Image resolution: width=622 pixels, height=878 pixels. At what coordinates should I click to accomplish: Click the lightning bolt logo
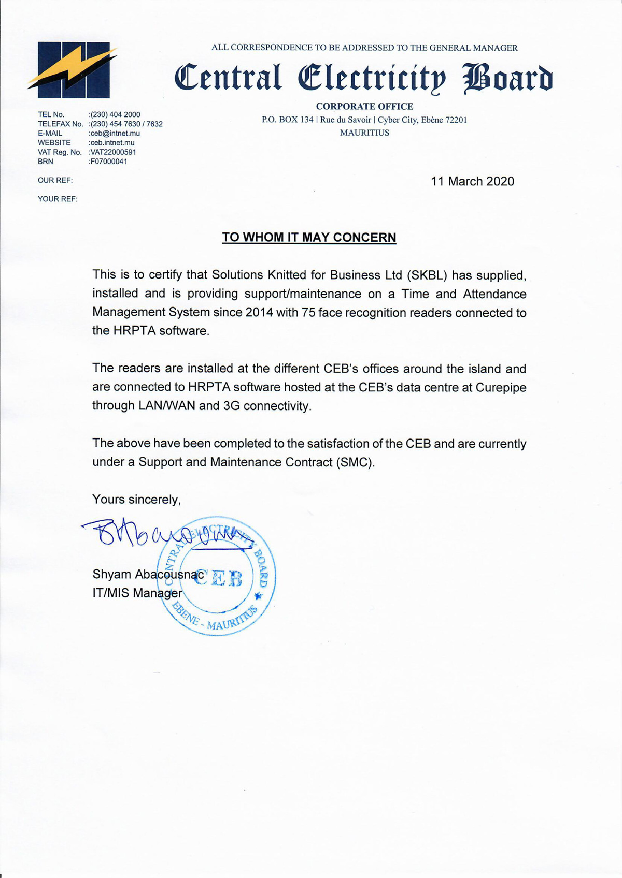click(x=73, y=69)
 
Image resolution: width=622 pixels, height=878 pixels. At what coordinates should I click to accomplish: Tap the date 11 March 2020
click(x=472, y=181)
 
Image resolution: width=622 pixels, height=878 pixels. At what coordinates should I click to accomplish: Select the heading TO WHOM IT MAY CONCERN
click(x=309, y=238)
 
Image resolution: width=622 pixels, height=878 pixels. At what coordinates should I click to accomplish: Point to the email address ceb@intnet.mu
click(x=115, y=133)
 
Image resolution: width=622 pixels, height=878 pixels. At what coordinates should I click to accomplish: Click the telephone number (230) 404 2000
click(x=115, y=114)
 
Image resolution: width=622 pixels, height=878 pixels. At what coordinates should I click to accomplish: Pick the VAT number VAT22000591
click(x=113, y=152)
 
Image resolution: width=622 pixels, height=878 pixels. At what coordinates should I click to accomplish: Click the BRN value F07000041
click(x=108, y=162)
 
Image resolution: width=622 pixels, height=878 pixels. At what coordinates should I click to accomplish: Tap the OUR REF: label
click(x=55, y=180)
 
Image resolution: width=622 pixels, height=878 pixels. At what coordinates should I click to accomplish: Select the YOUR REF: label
click(x=58, y=199)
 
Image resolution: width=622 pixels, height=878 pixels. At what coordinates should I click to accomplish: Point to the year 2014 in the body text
click(x=259, y=313)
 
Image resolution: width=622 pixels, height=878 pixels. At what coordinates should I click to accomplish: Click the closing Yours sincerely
click(x=136, y=500)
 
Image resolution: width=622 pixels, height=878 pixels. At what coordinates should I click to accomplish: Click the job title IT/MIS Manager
click(x=137, y=593)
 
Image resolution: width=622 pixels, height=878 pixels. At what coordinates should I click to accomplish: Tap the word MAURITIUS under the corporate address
click(x=364, y=133)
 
